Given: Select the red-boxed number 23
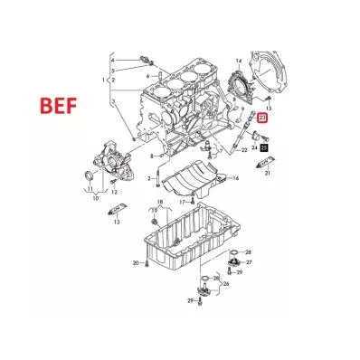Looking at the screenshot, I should pyautogui.click(x=262, y=118).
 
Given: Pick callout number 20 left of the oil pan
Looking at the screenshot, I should pyautogui.click(x=136, y=263).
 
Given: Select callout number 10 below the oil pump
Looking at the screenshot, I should pyautogui.click(x=95, y=198).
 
